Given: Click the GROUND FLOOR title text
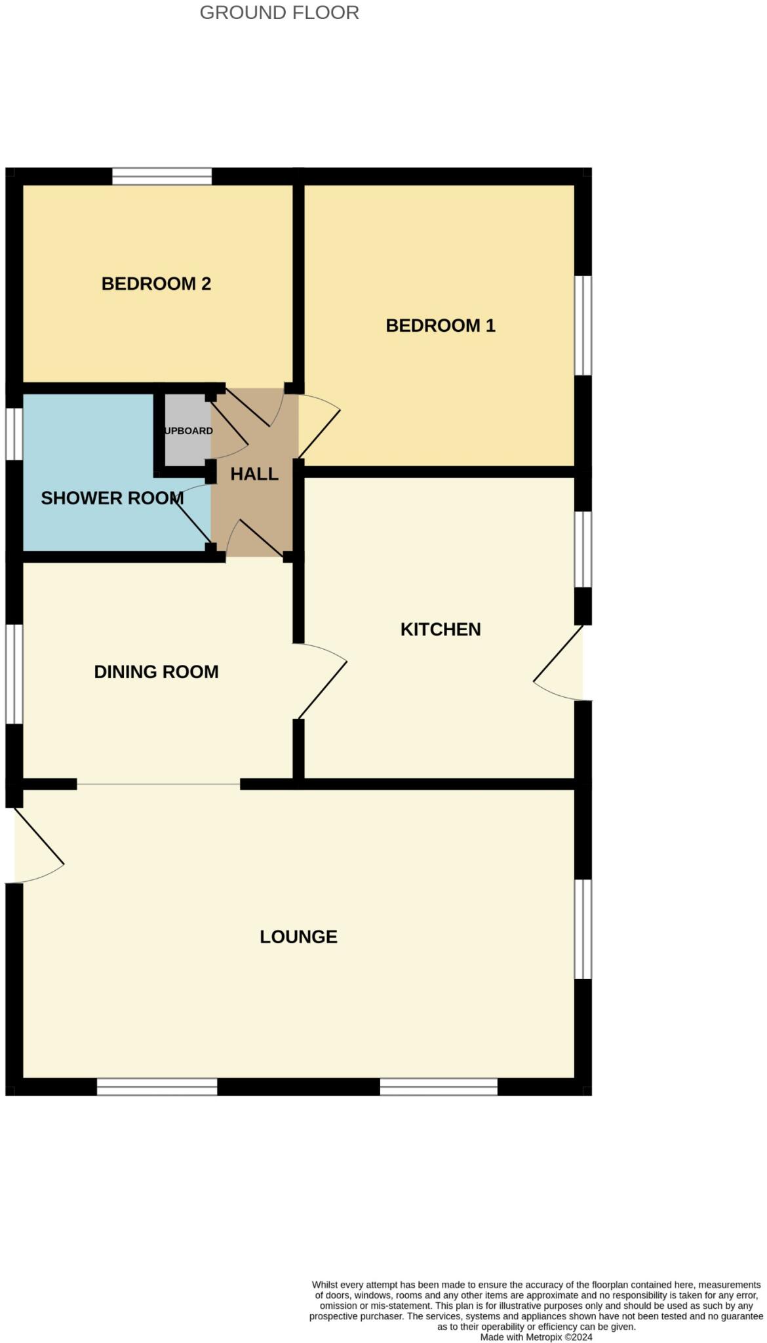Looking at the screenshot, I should tap(279, 12).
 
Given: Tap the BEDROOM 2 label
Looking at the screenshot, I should tap(156, 283).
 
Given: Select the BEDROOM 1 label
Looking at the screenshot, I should tap(440, 325).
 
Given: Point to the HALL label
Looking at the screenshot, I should tap(254, 473).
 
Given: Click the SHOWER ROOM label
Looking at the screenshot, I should tap(111, 498).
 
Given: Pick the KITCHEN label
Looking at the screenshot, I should tap(441, 629).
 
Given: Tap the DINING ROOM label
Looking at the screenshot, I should tap(156, 671).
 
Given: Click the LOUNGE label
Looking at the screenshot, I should tap(298, 936).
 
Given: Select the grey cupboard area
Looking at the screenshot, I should tap(187, 430).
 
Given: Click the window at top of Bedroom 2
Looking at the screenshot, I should tap(162, 176).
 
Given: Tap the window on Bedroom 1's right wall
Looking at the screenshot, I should tap(583, 325).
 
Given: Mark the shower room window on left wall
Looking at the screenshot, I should tap(14, 434).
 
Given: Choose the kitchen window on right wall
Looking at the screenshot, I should tap(583, 549).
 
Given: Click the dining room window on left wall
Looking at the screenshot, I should tap(14, 673).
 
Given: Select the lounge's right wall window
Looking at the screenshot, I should tap(583, 929).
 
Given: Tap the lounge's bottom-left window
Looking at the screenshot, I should tap(157, 1087).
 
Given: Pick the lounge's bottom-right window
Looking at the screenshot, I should tap(439, 1087).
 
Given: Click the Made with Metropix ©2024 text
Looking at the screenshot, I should tap(536, 1336).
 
